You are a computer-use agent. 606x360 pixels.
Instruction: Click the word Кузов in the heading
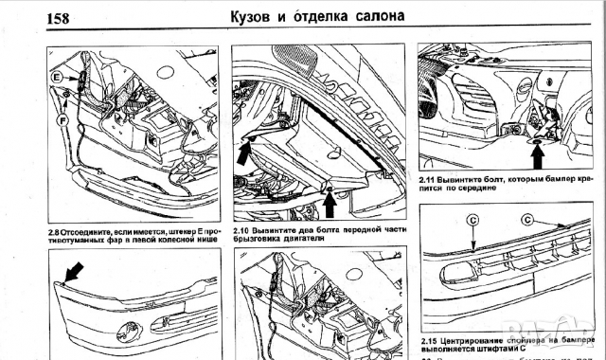[260, 16]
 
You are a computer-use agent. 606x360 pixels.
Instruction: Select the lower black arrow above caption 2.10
[330, 200]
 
